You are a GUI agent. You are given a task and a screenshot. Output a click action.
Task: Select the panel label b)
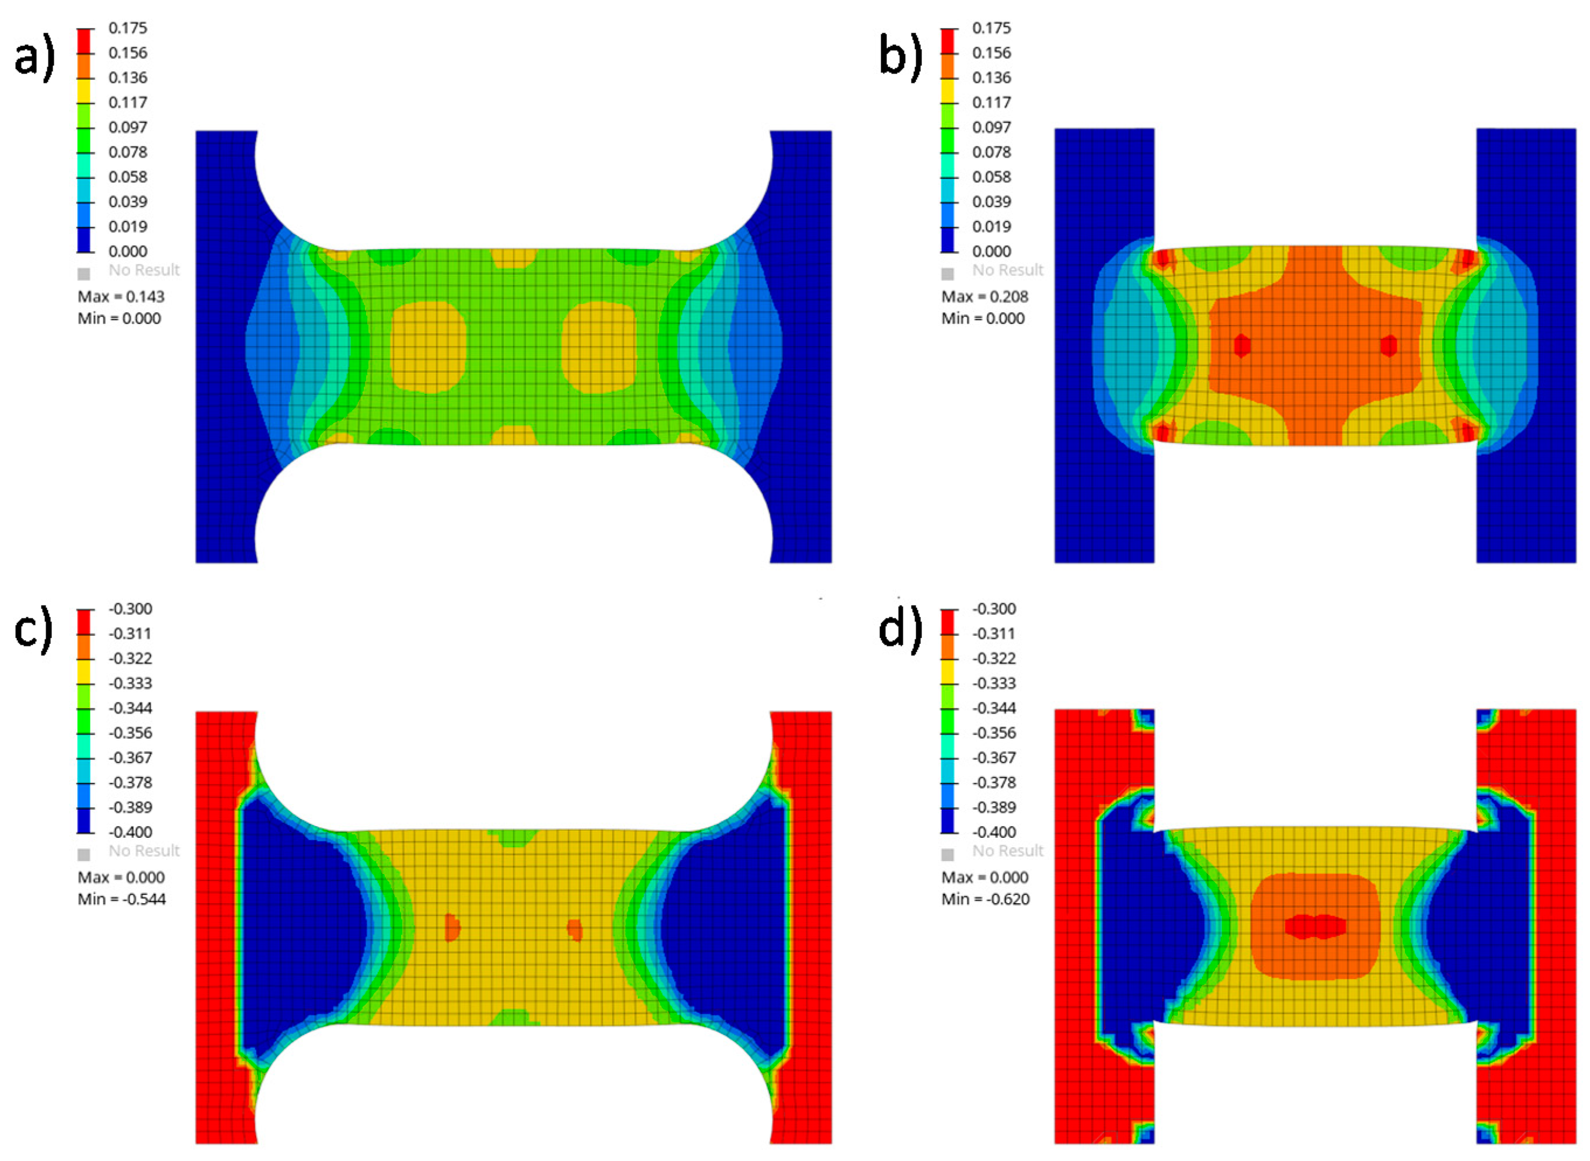pyautogui.click(x=901, y=56)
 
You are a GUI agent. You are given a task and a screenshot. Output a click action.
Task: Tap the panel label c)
pyautogui.click(x=33, y=628)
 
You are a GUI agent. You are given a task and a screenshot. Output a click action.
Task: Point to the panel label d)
pyautogui.click(x=901, y=628)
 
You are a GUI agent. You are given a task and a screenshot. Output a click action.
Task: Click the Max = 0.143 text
pyautogui.click(x=121, y=296)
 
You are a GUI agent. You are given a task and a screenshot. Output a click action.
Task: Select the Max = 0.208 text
pyautogui.click(x=984, y=296)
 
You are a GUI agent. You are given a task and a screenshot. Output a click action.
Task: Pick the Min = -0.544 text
pyautogui.click(x=121, y=899)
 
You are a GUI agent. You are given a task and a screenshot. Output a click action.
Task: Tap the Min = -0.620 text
pyautogui.click(x=985, y=899)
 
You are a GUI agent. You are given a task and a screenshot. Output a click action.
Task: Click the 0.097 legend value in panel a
pyautogui.click(x=128, y=127)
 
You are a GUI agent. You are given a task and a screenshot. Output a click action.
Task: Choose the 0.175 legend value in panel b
pyautogui.click(x=991, y=28)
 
